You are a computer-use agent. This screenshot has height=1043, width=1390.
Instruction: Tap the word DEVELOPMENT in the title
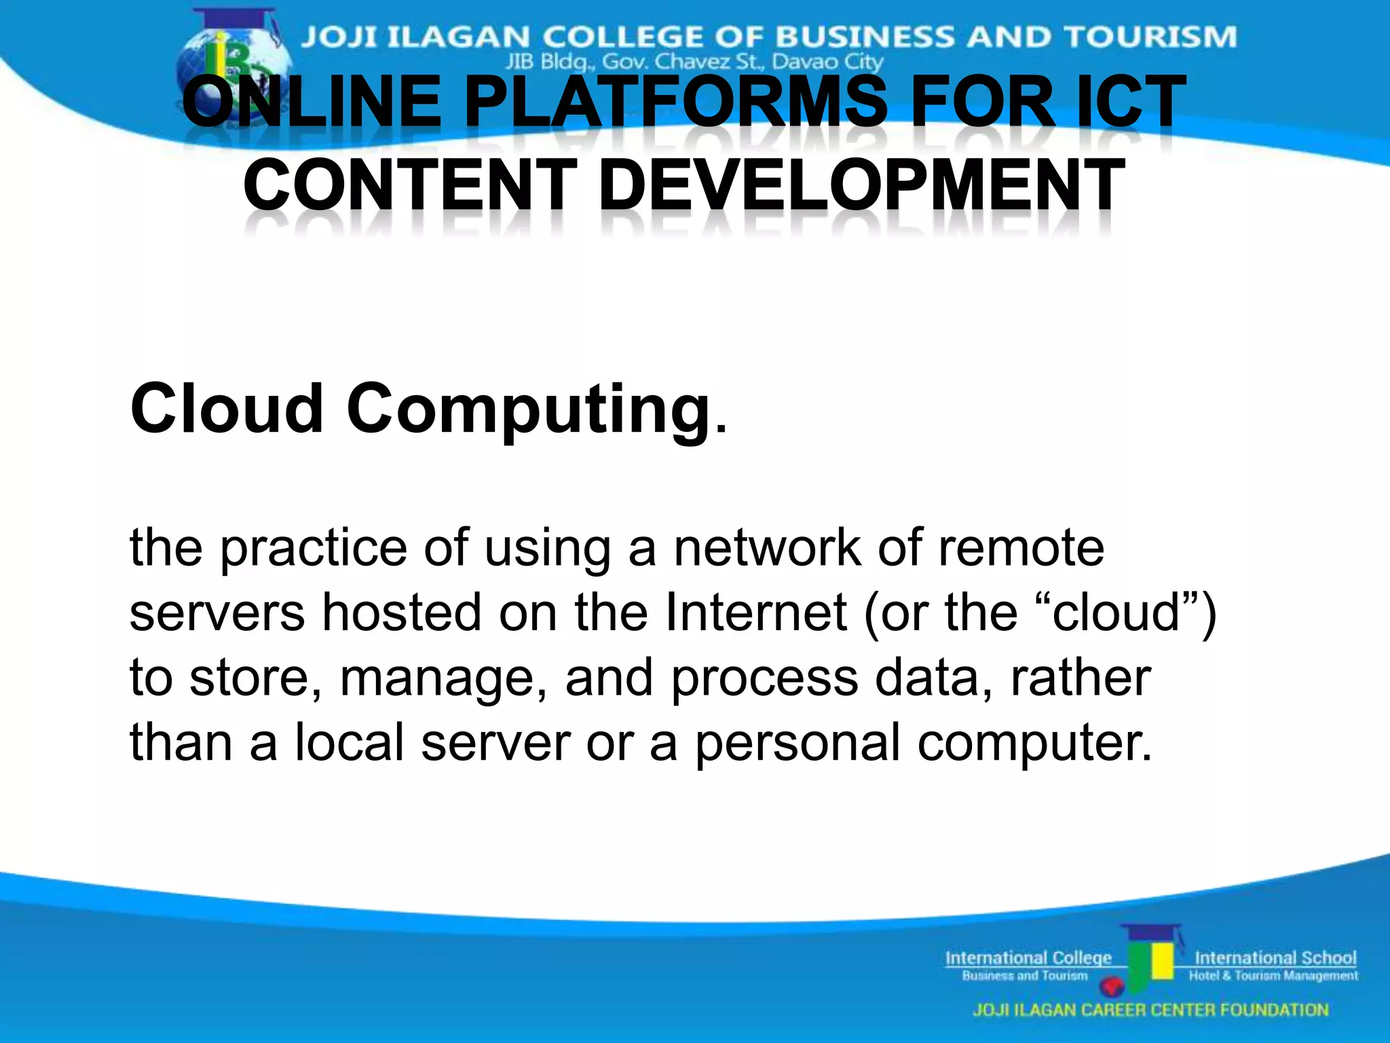tap(861, 185)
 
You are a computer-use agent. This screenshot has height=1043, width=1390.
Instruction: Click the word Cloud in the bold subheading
tap(227, 408)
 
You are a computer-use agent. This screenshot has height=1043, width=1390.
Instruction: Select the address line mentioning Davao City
tap(694, 62)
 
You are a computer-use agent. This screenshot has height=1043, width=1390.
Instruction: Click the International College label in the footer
tap(1028, 958)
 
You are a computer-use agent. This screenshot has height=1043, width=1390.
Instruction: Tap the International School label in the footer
tap(1275, 958)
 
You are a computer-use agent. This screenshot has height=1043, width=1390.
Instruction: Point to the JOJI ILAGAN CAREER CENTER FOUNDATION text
tap(1150, 1010)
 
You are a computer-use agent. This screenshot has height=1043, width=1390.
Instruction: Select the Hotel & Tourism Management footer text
tap(1273, 976)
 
